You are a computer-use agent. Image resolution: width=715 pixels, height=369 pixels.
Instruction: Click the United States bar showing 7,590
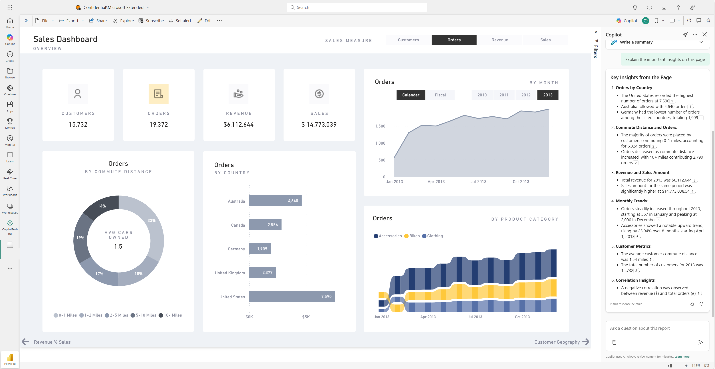coord(292,296)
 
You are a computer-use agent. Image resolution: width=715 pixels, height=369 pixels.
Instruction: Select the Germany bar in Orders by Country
coord(260,248)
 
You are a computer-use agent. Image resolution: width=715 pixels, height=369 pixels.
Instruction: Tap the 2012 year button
coord(526,95)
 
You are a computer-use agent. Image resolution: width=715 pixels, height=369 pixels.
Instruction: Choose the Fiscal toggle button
coord(440,95)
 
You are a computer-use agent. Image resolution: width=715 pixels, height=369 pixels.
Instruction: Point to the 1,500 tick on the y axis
coord(380,126)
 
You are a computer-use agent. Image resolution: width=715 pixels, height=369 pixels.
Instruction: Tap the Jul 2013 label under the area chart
coord(478,182)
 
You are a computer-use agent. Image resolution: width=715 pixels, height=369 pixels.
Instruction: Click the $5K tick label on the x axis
coord(306,317)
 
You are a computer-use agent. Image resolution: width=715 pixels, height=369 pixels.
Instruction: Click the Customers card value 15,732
coord(78,124)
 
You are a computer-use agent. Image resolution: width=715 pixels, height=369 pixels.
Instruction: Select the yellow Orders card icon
coord(159,94)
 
